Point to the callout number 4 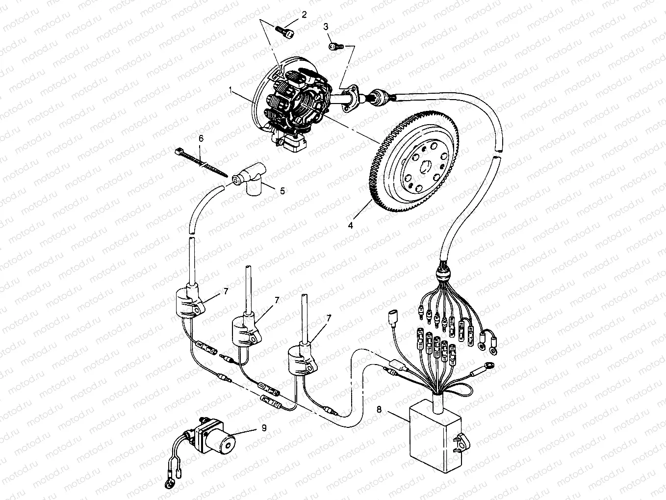350,226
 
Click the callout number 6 201,139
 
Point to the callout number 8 379,409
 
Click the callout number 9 264,428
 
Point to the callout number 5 282,191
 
